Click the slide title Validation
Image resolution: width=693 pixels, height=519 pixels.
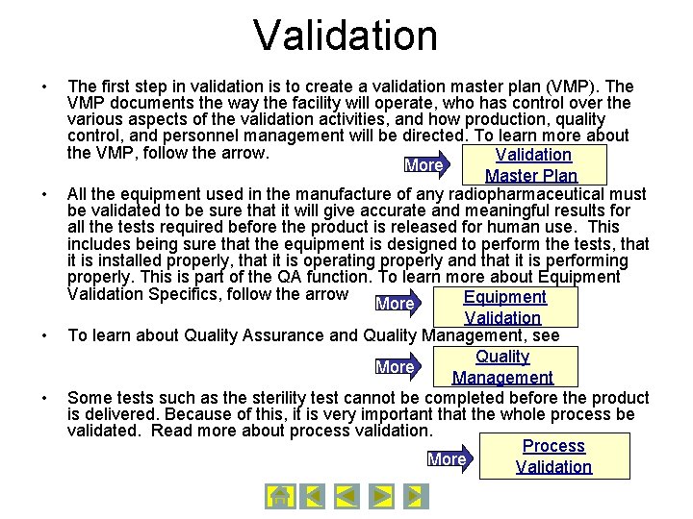pyautogui.click(x=346, y=36)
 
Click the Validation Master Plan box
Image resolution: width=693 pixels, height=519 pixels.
pyautogui.click(x=532, y=165)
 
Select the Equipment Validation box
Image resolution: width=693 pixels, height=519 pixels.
pyautogui.click(x=503, y=308)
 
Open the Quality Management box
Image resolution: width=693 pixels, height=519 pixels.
pyautogui.click(x=502, y=367)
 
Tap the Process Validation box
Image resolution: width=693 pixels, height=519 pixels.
pyautogui.click(x=553, y=457)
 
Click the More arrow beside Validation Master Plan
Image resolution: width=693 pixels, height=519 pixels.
pyautogui.click(x=427, y=165)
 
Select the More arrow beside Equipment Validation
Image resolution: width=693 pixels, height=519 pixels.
pyautogui.click(x=398, y=305)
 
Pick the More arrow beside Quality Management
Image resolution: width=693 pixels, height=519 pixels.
pyautogui.click(x=398, y=367)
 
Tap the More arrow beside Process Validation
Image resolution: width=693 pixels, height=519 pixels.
pyautogui.click(x=449, y=459)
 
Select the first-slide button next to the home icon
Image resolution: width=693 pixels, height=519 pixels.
pyautogui.click(x=312, y=496)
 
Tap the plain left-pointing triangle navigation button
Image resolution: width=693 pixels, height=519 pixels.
pyautogui.click(x=346, y=496)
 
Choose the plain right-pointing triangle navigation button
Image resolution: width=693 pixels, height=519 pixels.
pyautogui.click(x=381, y=496)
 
